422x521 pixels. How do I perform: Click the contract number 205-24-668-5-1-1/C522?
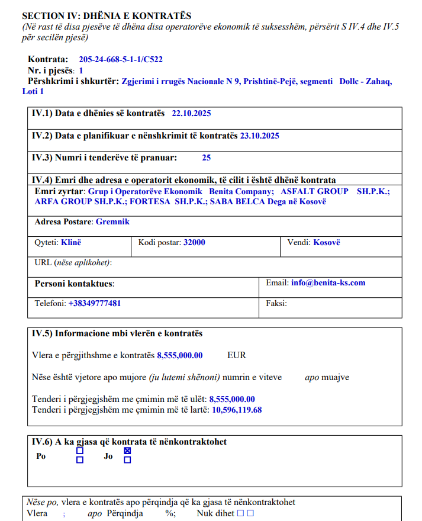pyautogui.click(x=120, y=60)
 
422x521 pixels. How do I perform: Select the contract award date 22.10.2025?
pyautogui.click(x=191, y=113)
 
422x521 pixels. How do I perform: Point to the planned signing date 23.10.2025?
pyautogui.click(x=259, y=136)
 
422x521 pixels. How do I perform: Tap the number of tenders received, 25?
pyautogui.click(x=206, y=158)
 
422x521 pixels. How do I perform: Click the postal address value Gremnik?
pyautogui.click(x=112, y=222)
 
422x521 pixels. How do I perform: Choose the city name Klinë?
pyautogui.click(x=71, y=242)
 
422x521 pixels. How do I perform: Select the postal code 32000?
pyautogui.click(x=194, y=242)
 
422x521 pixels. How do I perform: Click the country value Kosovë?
pyautogui.click(x=327, y=242)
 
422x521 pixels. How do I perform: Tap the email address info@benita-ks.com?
pyautogui.click(x=328, y=283)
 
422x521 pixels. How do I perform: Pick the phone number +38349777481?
pyautogui.click(x=95, y=303)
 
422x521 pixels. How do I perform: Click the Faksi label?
pyautogui.click(x=276, y=303)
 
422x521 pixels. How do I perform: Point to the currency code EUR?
pyautogui.click(x=237, y=356)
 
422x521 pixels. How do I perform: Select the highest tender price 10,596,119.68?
pyautogui.click(x=237, y=409)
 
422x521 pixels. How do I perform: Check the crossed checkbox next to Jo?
pyautogui.click(x=127, y=451)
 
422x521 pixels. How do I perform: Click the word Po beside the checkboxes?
pyautogui.click(x=41, y=456)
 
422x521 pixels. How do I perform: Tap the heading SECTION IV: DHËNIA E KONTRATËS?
pyautogui.click(x=107, y=16)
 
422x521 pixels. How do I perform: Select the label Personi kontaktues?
pyautogui.click(x=74, y=284)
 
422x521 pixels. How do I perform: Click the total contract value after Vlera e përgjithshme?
pyautogui.click(x=179, y=356)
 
